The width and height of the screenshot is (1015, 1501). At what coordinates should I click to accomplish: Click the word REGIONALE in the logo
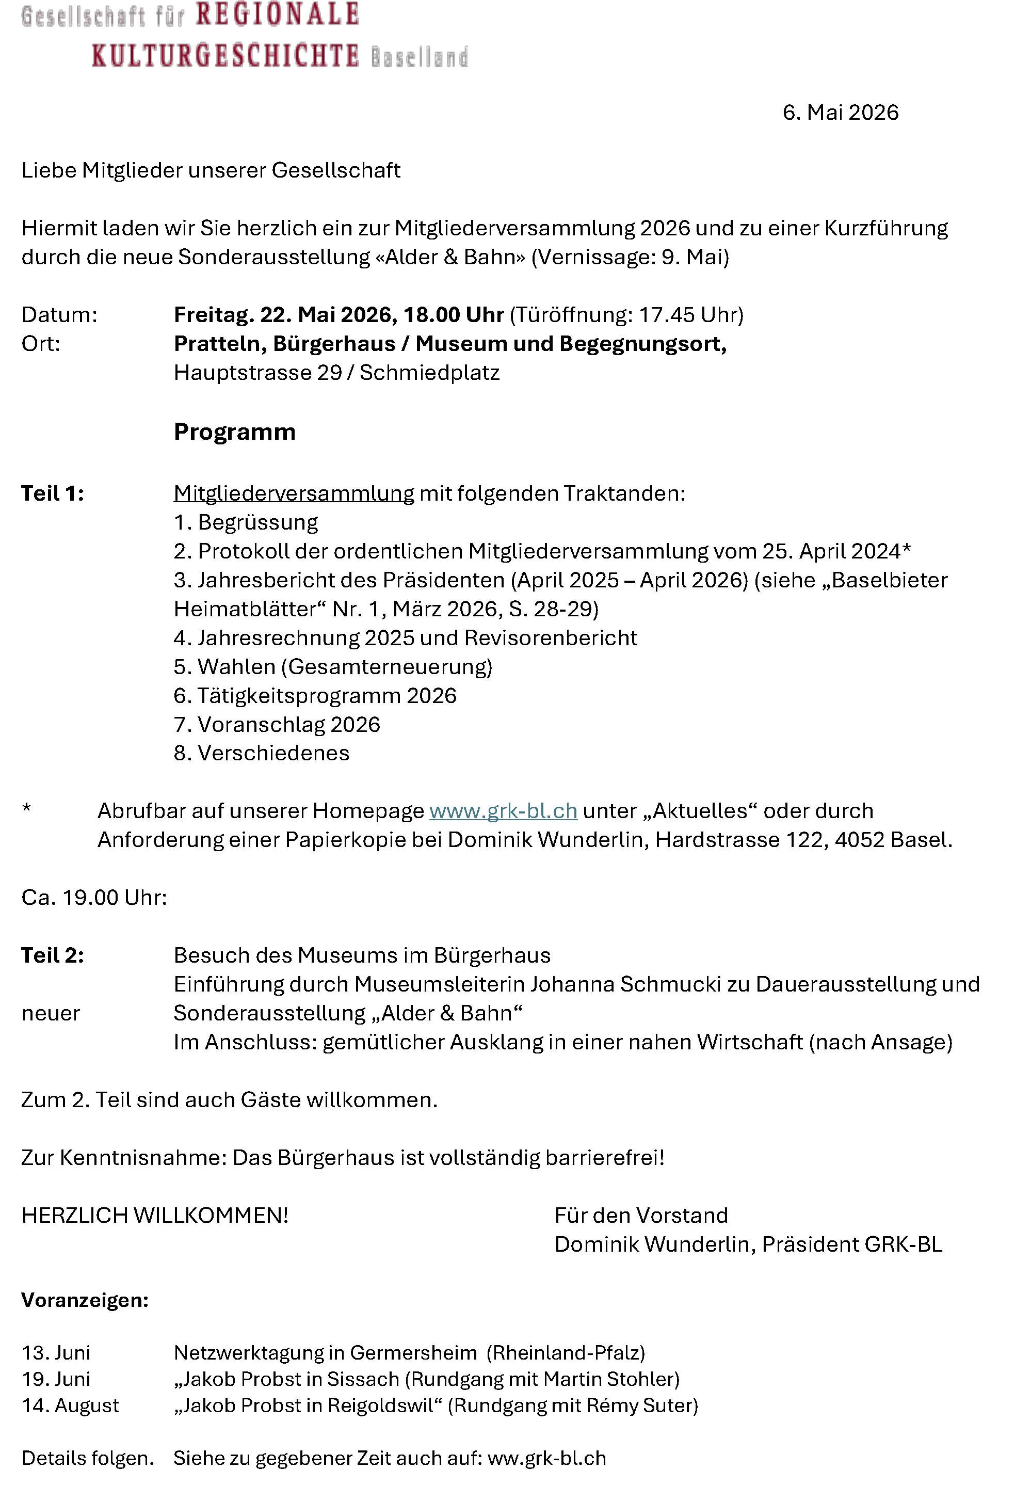point(277,14)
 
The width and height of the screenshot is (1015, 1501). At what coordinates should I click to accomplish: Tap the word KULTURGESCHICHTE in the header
point(224,56)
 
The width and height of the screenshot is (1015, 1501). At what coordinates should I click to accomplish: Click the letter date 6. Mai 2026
point(840,113)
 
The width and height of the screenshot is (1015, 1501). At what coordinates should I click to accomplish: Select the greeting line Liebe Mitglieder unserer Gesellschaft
point(211,170)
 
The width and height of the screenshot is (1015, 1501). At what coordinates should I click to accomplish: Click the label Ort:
point(41,344)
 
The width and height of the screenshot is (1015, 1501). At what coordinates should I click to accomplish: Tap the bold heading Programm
point(234,432)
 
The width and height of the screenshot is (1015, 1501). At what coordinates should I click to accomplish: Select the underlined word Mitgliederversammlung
point(294,493)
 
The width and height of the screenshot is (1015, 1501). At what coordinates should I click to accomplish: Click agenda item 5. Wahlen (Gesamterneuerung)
point(332,666)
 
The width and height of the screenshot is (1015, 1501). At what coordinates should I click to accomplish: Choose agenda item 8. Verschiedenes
point(262,753)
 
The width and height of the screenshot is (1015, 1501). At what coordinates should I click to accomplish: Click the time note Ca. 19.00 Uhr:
point(94,898)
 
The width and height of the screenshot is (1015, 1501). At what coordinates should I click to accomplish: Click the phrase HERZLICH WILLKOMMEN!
point(155,1216)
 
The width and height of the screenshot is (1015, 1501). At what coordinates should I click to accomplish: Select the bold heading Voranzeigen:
point(85,1300)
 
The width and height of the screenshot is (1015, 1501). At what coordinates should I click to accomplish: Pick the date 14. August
point(70,1406)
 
